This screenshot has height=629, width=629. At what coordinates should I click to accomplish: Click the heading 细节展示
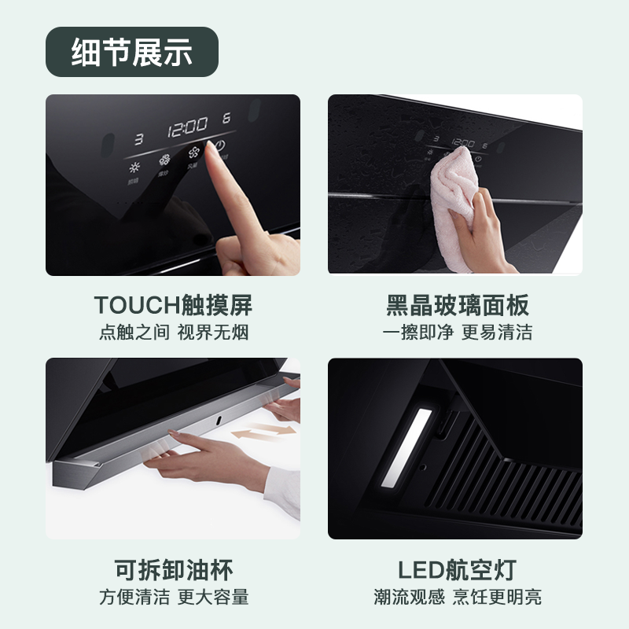point(131,52)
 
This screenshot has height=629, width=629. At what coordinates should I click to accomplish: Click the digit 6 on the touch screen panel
point(226,119)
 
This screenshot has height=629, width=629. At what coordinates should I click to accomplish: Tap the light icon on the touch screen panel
point(134,167)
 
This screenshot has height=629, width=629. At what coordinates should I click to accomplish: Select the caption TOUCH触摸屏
point(173,305)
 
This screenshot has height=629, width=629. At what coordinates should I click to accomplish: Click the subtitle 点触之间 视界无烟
point(173,332)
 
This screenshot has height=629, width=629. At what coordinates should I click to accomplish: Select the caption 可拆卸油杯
point(173,569)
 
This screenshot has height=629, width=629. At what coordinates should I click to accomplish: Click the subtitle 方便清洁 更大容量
point(173,597)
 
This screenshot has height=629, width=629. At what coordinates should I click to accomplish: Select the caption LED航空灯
point(456,569)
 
